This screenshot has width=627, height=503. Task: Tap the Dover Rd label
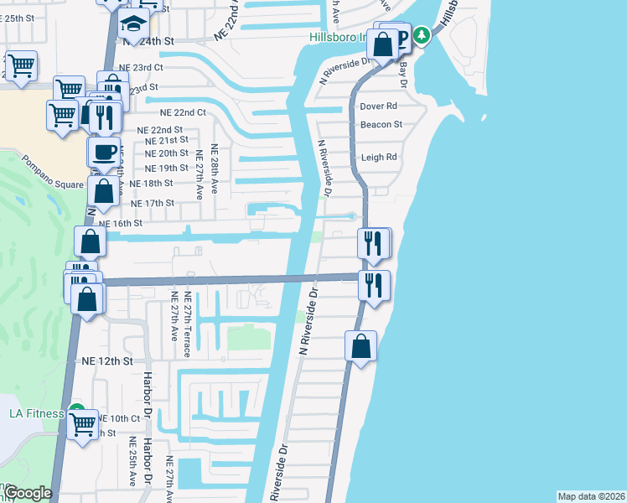coord(378,107)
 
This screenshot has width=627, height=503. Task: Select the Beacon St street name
coord(381,125)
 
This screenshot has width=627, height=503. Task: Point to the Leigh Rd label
coord(378,157)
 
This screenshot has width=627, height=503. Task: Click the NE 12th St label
coord(107,360)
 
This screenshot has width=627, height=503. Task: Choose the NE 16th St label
coord(121,224)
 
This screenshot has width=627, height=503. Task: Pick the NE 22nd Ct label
coord(183,112)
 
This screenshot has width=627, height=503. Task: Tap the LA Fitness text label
coord(37,413)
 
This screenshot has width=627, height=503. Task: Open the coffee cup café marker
coord(104,153)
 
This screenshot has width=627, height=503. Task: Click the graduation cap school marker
coord(133,24)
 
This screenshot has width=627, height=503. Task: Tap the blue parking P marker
coord(402,37)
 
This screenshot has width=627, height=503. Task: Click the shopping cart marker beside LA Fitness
coord(82,426)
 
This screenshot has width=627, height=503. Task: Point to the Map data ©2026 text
coord(591,496)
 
